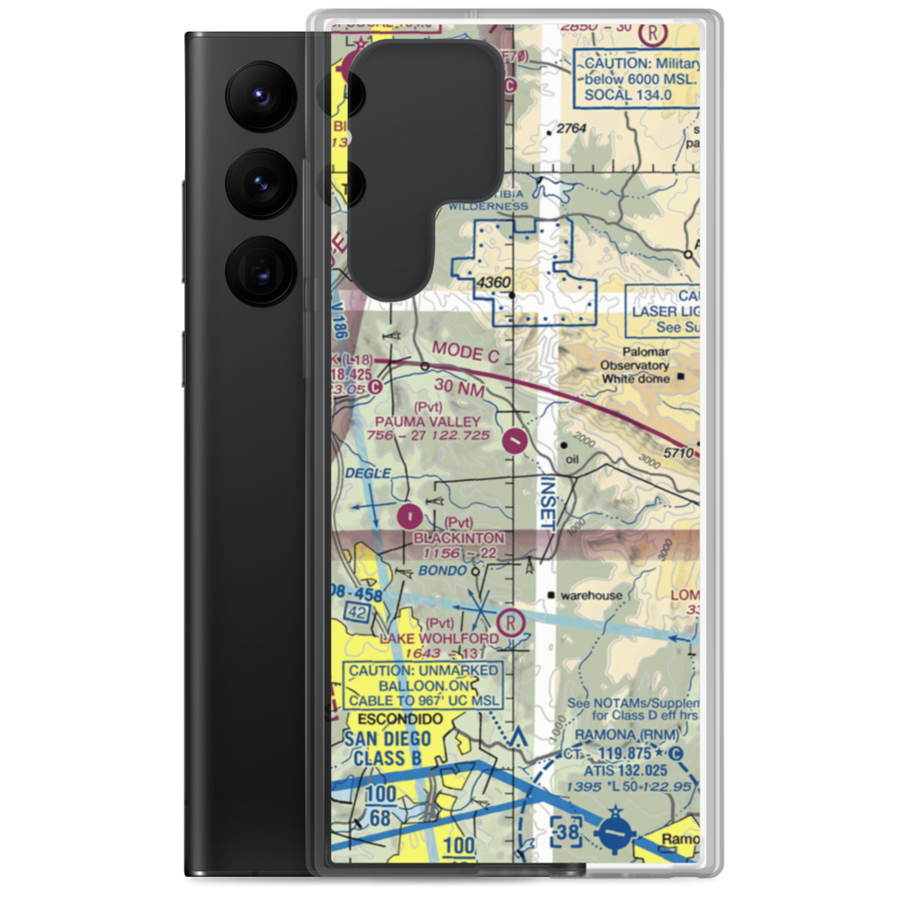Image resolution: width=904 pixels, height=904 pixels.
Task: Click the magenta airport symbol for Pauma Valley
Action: pos(514,440)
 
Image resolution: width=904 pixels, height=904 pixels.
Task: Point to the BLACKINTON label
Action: pos(459,538)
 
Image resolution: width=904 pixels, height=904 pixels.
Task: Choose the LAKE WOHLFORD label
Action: pos(438,638)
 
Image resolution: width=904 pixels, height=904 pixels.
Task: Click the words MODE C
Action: pos(465,352)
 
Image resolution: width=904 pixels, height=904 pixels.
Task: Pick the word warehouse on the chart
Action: pos(591,596)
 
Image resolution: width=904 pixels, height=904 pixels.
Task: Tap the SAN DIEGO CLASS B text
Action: pos(389,748)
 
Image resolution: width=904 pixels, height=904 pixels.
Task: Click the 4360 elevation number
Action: pos(494,284)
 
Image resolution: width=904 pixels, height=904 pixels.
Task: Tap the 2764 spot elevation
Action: pos(571,129)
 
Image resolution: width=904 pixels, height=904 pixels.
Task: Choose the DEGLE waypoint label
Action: pos(369,474)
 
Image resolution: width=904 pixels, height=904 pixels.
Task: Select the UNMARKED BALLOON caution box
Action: pos(423,685)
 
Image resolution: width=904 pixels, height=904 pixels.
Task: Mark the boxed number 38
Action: pos(568,829)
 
